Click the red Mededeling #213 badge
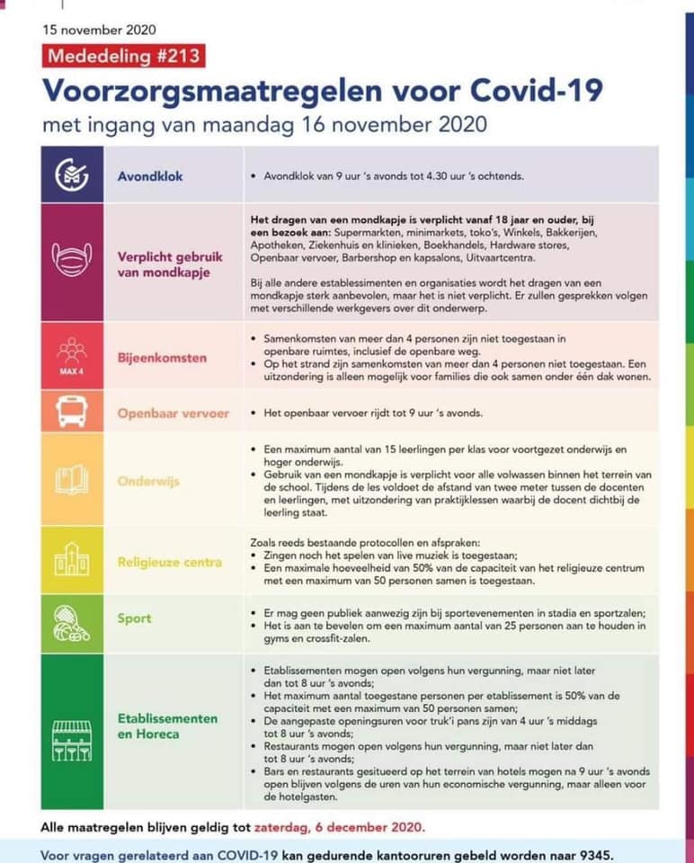pyautogui.click(x=123, y=56)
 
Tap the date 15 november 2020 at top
pyautogui.click(x=99, y=29)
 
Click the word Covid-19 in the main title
pyautogui.click(x=538, y=90)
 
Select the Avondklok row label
pyautogui.click(x=150, y=175)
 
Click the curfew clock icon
pyautogui.click(x=72, y=175)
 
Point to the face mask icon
pyautogui.click(x=72, y=262)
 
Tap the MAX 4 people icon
pyautogui.click(x=72, y=354)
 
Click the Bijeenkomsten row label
pyautogui.click(x=162, y=357)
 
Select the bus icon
pyautogui.click(x=72, y=413)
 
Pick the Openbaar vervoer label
pyautogui.click(x=173, y=414)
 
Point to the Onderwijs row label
pyautogui.click(x=148, y=481)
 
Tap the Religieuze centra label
pyautogui.click(x=170, y=562)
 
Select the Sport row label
pyautogui.click(x=135, y=618)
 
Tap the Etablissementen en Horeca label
pyautogui.click(x=167, y=726)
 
